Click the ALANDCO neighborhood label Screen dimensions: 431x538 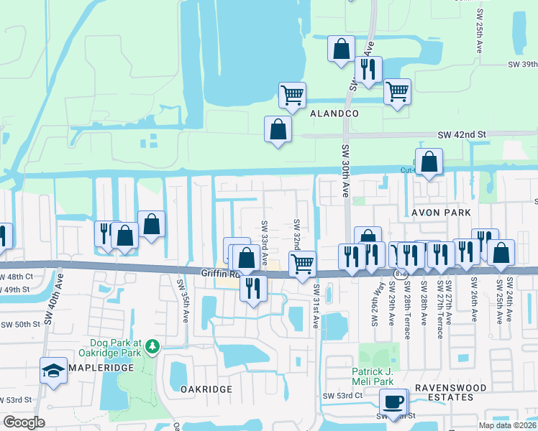(334, 114)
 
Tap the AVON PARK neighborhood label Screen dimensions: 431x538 (440, 213)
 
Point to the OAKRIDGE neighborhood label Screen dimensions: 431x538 (206, 389)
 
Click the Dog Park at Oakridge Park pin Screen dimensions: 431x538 (152, 348)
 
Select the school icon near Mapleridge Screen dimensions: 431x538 (53, 371)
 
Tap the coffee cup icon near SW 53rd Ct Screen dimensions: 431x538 (394, 402)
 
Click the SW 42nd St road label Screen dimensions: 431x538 (462, 134)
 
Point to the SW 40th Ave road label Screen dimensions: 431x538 (49, 305)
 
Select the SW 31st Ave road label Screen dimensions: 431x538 (316, 307)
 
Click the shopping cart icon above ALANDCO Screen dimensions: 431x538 (292, 95)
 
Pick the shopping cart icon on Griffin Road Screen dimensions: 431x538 (302, 263)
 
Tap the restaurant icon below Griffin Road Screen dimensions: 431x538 (252, 287)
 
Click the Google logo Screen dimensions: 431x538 (24, 422)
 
